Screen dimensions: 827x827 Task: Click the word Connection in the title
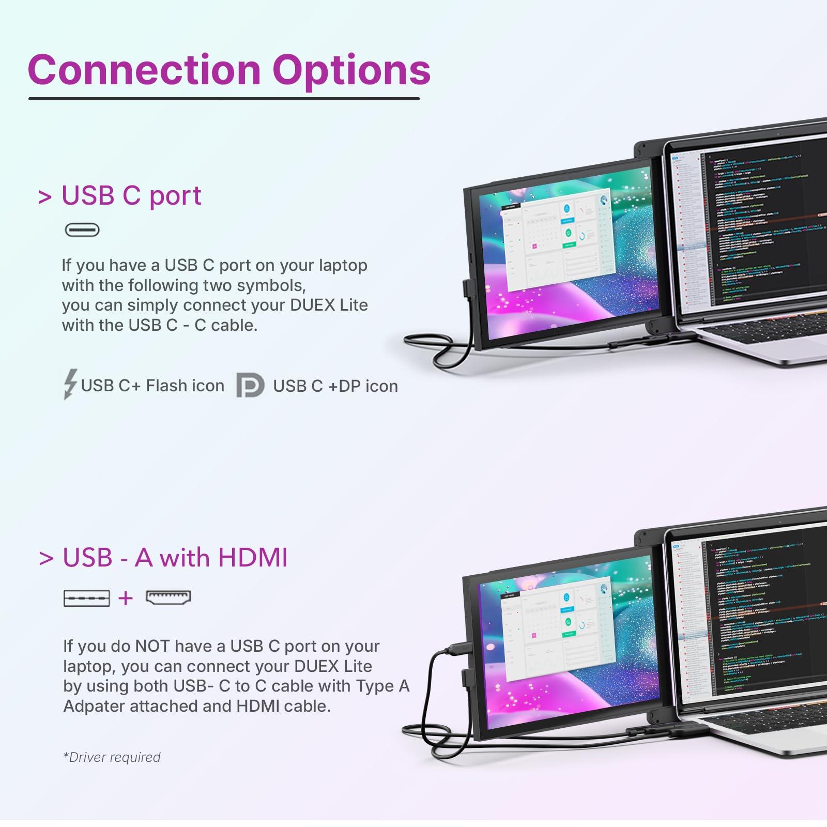(144, 70)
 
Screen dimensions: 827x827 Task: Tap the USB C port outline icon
(82, 229)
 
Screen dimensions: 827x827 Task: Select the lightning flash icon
(70, 384)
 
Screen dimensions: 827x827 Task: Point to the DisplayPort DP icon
(250, 386)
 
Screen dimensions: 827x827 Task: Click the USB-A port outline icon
(86, 598)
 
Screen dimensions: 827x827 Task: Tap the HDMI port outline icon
(169, 597)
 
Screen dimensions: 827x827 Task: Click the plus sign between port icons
(126, 598)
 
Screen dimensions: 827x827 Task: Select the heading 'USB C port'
(131, 195)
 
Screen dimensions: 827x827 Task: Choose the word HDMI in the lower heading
(253, 558)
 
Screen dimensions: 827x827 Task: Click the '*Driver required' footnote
(112, 757)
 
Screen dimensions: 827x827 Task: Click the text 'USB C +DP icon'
(335, 386)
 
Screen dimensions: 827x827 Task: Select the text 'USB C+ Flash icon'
(152, 386)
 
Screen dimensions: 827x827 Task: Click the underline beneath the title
(224, 98)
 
